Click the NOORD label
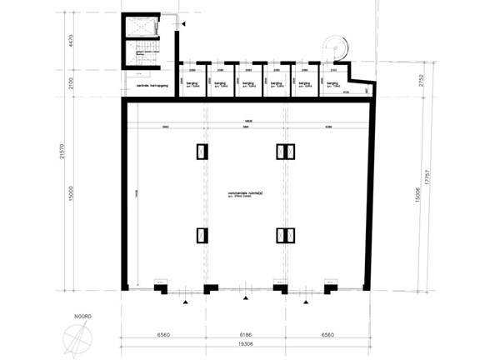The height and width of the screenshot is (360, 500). (x=81, y=317)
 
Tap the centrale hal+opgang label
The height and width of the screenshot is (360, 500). (x=149, y=85)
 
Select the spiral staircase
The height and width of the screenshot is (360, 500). (x=334, y=46)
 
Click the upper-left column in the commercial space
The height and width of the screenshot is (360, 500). (x=202, y=152)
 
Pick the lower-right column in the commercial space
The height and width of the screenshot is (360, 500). (x=286, y=234)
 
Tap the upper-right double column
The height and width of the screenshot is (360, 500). (x=286, y=152)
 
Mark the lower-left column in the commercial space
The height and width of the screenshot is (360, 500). (x=202, y=234)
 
